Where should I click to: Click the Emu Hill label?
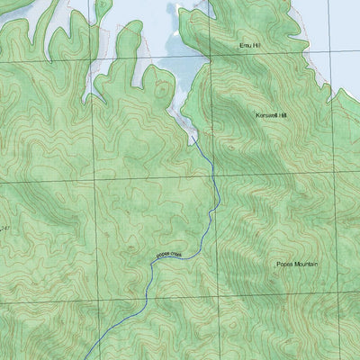(x=249, y=44)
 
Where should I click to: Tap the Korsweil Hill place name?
(x=270, y=116)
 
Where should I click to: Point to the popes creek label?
(x=169, y=256)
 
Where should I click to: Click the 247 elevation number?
(x=4, y=230)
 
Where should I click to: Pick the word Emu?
(x=244, y=44)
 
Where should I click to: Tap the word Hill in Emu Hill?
(x=256, y=44)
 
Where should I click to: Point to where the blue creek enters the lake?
(x=192, y=137)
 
